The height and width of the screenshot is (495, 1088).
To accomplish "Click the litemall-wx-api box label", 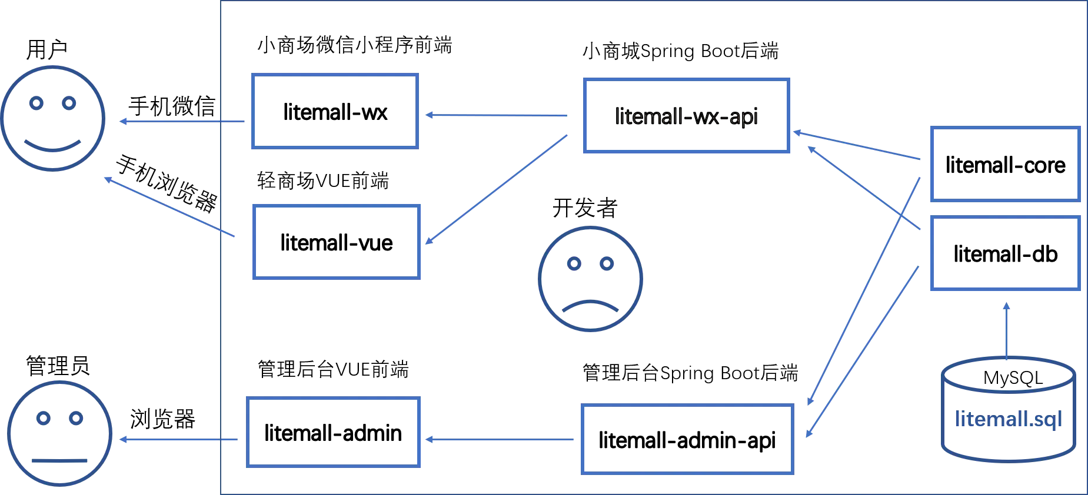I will click(685, 116).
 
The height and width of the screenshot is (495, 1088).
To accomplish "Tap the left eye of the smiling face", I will click(38, 103).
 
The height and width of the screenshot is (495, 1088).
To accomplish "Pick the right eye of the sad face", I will click(606, 264).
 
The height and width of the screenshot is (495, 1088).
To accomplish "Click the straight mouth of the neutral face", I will click(59, 460).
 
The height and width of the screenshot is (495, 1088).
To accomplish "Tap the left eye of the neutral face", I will click(43, 419).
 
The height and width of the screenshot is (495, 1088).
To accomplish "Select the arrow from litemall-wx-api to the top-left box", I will click(497, 115).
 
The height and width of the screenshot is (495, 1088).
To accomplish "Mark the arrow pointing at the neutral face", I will click(179, 440).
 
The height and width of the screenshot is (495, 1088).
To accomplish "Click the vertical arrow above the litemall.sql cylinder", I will click(1007, 332).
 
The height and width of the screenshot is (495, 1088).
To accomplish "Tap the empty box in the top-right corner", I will click(1005, 163).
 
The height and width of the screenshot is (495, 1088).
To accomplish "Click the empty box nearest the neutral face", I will click(334, 433).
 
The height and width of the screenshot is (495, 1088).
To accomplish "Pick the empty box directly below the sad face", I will click(687, 438).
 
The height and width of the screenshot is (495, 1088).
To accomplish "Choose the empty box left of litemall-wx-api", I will click(335, 111).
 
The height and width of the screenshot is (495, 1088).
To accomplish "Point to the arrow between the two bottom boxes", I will click(500, 439).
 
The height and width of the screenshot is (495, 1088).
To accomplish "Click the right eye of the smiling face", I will click(70, 103).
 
